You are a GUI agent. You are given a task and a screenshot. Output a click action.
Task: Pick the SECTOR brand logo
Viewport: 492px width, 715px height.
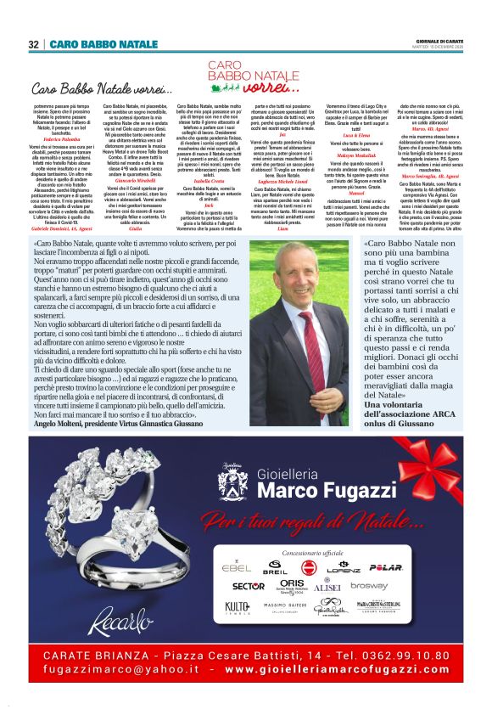tap(249, 586)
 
